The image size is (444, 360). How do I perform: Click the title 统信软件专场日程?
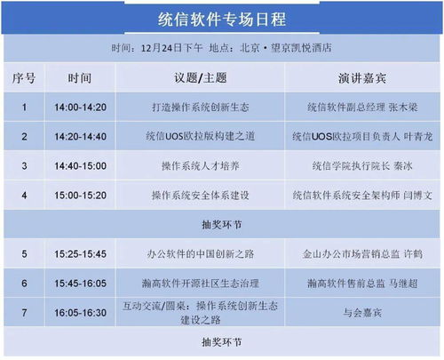pos(222,20)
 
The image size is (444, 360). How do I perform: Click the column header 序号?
pos(24,78)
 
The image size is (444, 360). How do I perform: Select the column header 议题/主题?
pos(201,78)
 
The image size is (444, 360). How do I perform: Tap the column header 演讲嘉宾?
pos(362,78)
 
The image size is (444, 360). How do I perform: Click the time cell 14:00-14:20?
pos(80,107)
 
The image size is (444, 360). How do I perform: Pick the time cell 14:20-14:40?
pos(80,136)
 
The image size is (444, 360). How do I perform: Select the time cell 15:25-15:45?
pos(80,254)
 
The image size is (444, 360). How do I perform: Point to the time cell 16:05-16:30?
pos(80,313)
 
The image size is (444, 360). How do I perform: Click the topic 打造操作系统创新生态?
pos(201,107)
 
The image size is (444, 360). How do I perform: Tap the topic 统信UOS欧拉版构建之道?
pos(201,136)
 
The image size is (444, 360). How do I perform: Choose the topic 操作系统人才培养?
pos(201,165)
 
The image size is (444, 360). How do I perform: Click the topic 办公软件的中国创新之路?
pos(201,254)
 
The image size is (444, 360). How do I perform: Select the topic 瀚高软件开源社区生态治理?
pos(201,284)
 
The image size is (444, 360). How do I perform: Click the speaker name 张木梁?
pos(403,107)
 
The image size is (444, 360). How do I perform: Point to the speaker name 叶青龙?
pos(418,136)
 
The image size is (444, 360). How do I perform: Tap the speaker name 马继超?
pos(403,284)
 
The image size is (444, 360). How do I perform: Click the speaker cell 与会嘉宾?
pos(362,313)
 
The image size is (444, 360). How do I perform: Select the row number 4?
pos(24,196)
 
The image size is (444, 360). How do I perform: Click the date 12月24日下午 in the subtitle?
pos(171,48)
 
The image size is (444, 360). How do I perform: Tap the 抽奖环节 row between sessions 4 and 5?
pos(222,225)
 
